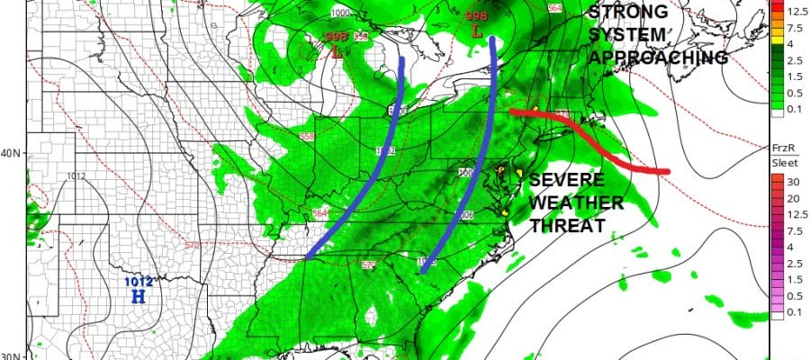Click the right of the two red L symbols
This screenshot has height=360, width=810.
coord(477,31)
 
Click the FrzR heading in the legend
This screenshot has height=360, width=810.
coord(781,146)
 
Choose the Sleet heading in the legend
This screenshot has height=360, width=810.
coord(783,162)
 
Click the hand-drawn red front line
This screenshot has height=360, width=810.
coord(594,139)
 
